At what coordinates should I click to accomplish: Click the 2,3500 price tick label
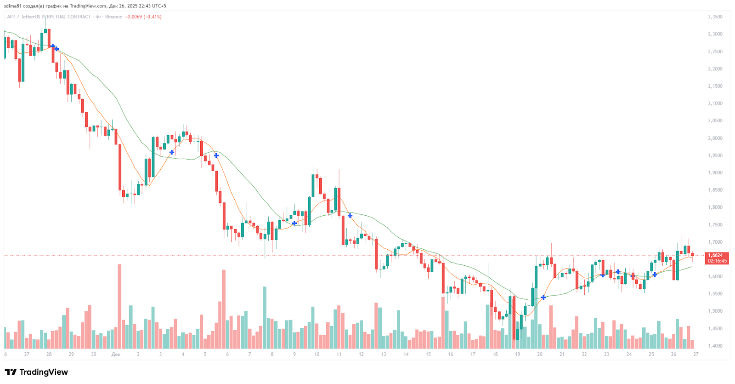pos(715,17)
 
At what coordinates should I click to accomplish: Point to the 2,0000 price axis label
pos(715,138)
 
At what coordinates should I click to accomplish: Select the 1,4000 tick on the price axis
pos(715,346)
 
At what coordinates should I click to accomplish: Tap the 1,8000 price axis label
pos(715,207)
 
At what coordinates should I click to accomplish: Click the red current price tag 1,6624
pos(715,255)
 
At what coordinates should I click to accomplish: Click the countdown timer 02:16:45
pos(717,261)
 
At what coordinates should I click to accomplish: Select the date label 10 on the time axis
pos(317,354)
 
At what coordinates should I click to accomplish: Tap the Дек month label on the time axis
pos(116,354)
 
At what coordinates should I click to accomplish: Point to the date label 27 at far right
pos(696,354)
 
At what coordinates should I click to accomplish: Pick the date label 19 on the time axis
pos(517,354)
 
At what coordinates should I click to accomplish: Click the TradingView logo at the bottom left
pos(36,372)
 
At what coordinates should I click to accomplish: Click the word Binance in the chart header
pos(113,17)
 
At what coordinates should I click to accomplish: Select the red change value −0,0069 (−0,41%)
pos(143,17)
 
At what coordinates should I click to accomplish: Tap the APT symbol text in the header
pos(11,17)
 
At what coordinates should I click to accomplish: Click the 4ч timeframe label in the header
pos(98,17)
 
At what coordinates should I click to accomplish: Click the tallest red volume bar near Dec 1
pos(119,306)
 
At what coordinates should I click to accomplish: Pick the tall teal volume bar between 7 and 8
pos(265,317)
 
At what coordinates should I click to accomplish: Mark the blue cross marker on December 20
pos(543,298)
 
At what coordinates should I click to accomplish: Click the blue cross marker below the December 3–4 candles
pos(172,152)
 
